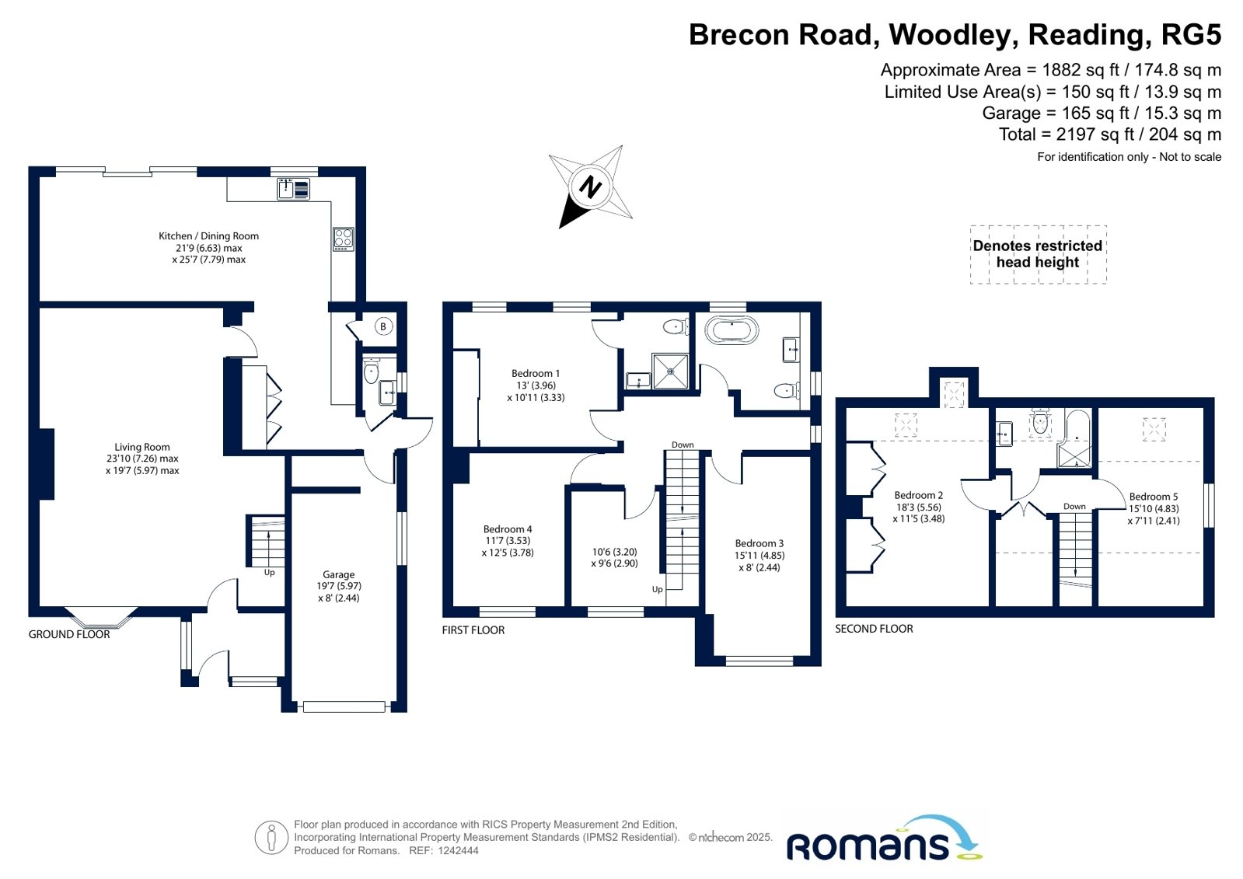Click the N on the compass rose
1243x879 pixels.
click(591, 187)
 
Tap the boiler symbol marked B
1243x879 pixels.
click(383, 327)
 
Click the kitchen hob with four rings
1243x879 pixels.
click(343, 239)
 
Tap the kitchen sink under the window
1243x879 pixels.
click(294, 189)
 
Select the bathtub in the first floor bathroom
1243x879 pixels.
click(731, 331)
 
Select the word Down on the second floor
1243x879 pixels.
click(1074, 506)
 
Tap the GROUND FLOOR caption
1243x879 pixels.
click(69, 634)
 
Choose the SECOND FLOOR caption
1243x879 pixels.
click(874, 629)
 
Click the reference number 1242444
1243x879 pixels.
click(459, 851)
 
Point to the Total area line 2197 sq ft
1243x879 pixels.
click(1110, 134)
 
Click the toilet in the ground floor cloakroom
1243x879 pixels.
click(372, 370)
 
